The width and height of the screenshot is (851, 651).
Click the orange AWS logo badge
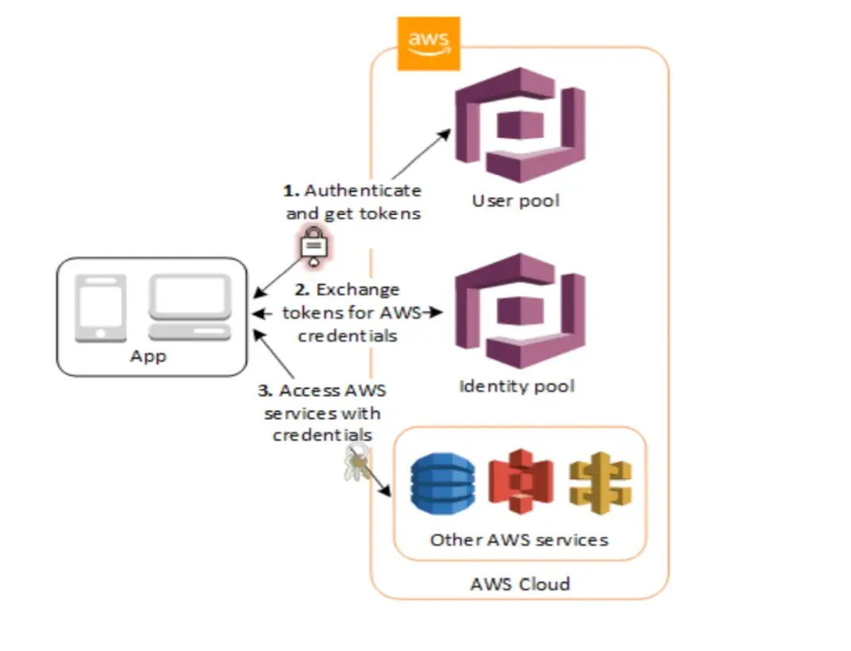[428, 43]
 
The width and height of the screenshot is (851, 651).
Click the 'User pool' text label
[515, 201]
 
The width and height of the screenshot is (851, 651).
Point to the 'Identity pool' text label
[517, 387]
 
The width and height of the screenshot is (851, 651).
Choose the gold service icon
[600, 481]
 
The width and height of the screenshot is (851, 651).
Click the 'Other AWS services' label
[519, 540]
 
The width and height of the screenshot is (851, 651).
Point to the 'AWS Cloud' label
[520, 584]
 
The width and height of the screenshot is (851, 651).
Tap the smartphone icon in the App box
[101, 307]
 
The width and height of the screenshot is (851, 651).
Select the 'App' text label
[148, 356]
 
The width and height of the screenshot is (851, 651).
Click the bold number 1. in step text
[291, 191]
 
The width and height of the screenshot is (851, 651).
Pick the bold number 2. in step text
[302, 290]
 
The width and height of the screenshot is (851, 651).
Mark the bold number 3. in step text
[266, 391]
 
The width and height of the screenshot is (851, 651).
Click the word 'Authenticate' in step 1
[363, 191]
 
